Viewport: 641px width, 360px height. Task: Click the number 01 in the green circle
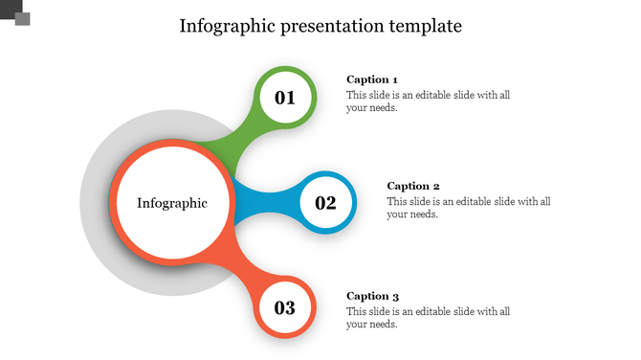click(285, 98)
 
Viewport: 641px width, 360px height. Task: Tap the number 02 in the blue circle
click(325, 203)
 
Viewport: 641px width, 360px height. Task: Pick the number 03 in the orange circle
click(285, 308)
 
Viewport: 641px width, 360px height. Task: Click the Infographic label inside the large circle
click(171, 203)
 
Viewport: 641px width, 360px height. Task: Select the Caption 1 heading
click(372, 79)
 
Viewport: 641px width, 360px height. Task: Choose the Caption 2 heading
click(412, 186)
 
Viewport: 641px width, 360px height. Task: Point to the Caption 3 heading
click(372, 296)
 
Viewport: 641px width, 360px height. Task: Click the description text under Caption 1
click(428, 101)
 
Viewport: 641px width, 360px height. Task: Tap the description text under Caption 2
click(468, 208)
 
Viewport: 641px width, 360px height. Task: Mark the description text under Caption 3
click(428, 318)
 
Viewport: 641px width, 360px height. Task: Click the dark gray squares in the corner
click(15, 12)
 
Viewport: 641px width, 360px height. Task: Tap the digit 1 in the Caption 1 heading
click(394, 79)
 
